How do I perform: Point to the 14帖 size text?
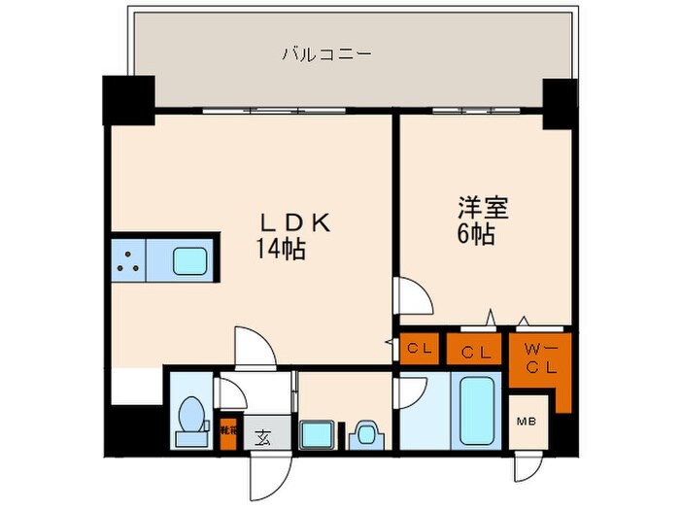(281, 250)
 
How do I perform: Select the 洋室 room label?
(483, 208)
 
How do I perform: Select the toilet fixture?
(190, 418)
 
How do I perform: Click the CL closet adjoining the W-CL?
(475, 348)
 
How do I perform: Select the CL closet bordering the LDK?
(420, 348)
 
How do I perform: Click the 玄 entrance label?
(262, 436)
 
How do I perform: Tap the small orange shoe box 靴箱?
(229, 432)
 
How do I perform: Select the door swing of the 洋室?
(413, 297)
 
